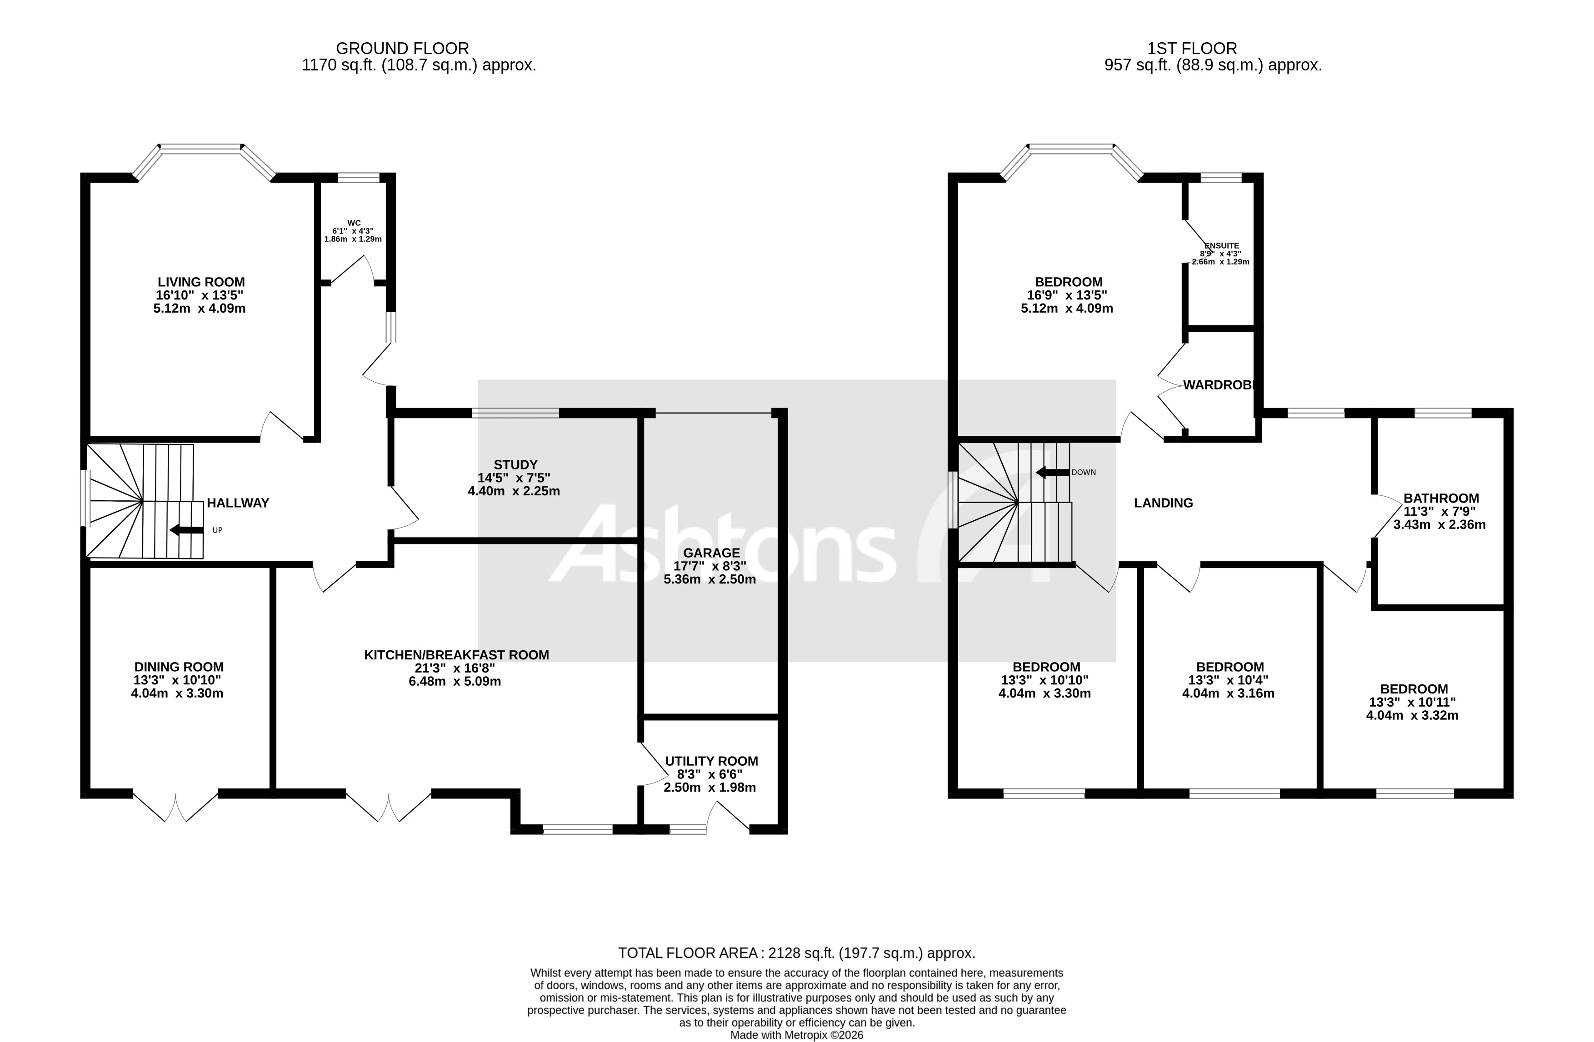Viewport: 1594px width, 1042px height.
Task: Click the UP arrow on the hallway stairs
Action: click(187, 530)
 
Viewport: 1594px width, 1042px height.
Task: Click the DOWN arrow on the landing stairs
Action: click(1052, 473)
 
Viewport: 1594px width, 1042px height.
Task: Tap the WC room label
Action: click(354, 223)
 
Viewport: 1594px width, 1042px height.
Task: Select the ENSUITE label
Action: click(1222, 246)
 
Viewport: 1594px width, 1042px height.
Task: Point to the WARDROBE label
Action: click(1219, 385)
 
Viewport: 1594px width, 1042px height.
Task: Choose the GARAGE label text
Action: click(711, 553)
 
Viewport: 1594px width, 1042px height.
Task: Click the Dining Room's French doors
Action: click(176, 807)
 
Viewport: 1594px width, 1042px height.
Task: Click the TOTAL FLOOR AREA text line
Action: click(796, 953)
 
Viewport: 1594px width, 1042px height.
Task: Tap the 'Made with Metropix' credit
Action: click(796, 1035)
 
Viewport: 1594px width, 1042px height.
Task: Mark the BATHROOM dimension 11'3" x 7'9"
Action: click(1439, 512)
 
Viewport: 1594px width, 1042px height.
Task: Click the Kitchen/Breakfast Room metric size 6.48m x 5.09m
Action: click(455, 682)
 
